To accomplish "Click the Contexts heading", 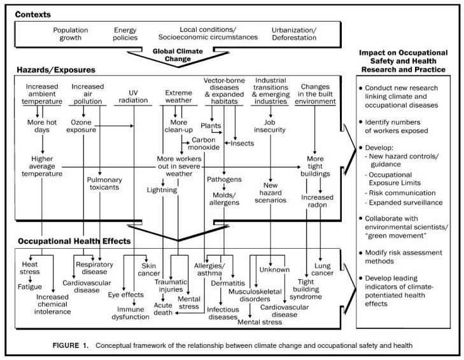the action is [33, 15].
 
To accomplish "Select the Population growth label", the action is [71, 34].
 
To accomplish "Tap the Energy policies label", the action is [125, 34].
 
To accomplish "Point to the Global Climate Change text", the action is [178, 55].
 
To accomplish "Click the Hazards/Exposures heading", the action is [56, 70].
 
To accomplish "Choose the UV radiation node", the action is [133, 97].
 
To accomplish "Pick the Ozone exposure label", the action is [81, 126].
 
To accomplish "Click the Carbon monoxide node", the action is [204, 144].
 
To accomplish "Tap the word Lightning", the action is [162, 190].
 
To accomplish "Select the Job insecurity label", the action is [270, 126].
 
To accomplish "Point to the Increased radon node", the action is [317, 201].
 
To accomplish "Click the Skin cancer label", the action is [148, 270].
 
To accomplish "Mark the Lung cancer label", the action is [322, 269].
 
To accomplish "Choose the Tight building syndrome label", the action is [306, 289].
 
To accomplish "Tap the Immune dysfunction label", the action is [130, 313].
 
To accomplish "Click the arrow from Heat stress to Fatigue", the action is [30, 279].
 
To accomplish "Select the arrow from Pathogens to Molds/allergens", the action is [224, 187].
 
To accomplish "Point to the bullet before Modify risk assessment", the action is [360, 253].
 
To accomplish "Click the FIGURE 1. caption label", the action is [71, 345].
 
